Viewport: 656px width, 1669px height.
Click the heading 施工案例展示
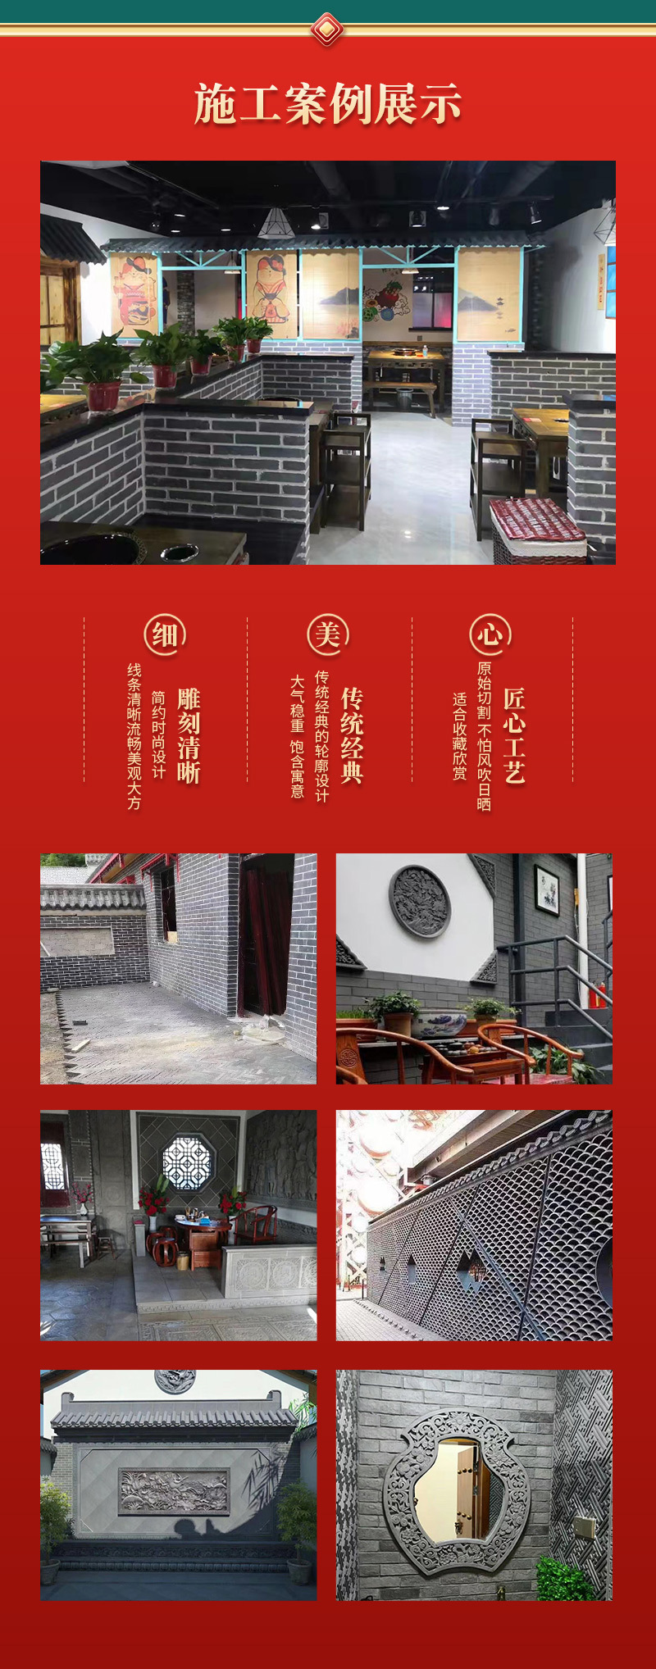click(x=328, y=105)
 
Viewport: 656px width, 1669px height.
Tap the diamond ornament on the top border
click(x=327, y=30)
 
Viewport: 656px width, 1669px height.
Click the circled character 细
click(x=165, y=634)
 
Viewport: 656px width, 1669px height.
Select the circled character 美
click(x=327, y=634)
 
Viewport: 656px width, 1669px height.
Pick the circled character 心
click(x=490, y=634)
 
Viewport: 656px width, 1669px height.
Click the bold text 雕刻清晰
click(x=189, y=735)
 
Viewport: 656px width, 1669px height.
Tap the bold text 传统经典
click(x=352, y=735)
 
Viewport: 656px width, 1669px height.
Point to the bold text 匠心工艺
click(x=514, y=735)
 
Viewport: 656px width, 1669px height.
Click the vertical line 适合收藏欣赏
click(x=460, y=735)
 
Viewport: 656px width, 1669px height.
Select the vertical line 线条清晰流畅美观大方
click(x=134, y=735)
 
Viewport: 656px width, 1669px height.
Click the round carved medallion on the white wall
click(x=420, y=901)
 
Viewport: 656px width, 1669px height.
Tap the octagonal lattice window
click(x=187, y=1162)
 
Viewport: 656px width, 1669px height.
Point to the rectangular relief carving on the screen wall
click(x=174, y=1491)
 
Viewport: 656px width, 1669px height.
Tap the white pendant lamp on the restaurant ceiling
click(x=276, y=224)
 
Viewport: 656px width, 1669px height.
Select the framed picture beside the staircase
click(x=547, y=889)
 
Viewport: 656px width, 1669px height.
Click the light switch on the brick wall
click(x=584, y=1526)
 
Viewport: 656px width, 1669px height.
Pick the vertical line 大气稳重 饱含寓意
click(x=298, y=735)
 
